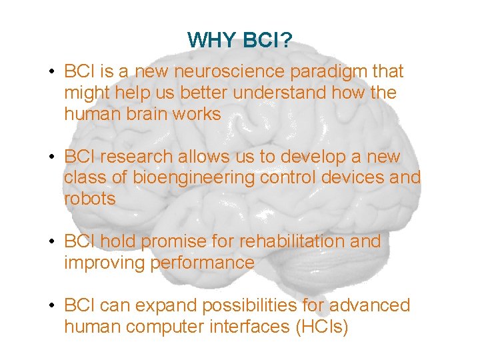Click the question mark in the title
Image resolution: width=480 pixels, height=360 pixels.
286,41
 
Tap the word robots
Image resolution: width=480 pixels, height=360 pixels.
90,199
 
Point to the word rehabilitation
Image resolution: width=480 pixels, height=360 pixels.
306,241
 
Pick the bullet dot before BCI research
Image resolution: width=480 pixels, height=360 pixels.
51,157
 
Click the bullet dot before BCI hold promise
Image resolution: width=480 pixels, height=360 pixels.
51,242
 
